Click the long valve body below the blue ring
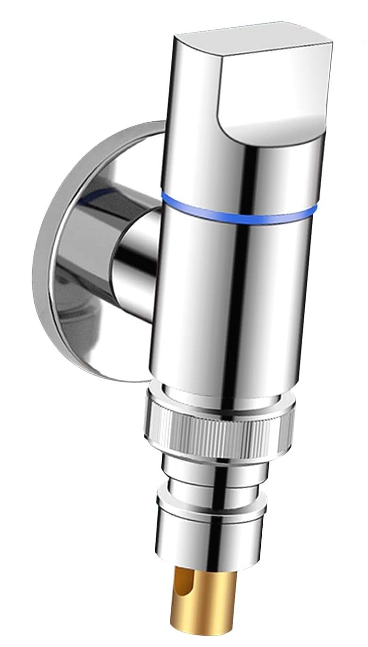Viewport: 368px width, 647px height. [x=231, y=302]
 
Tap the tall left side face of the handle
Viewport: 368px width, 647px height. [x=189, y=94]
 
